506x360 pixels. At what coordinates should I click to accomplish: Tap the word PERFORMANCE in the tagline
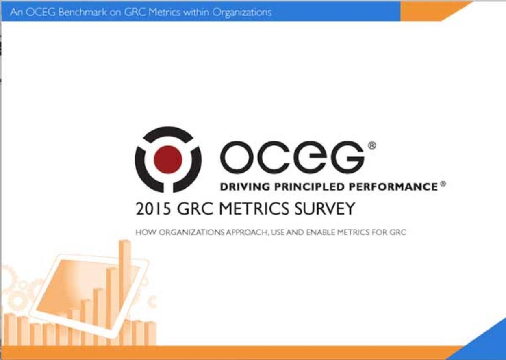tap(393, 187)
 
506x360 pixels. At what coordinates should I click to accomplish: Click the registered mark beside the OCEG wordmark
tap(371, 145)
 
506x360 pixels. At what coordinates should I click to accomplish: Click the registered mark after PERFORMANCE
tap(443, 184)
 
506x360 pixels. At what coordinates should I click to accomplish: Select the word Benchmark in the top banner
tap(80, 12)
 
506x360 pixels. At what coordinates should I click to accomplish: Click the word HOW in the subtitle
tap(142, 233)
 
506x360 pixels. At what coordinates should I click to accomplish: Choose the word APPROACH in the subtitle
tap(242, 233)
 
